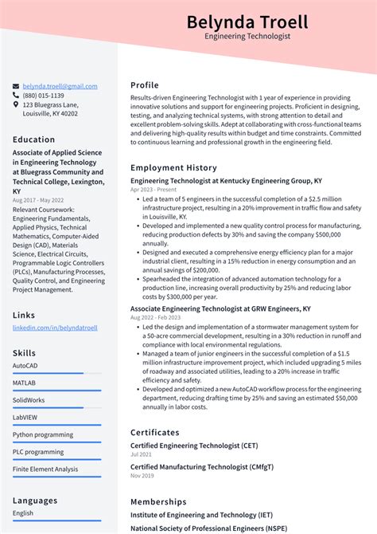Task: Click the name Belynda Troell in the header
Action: click(247, 22)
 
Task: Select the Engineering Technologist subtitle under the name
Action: click(247, 37)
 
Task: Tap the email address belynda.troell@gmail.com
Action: click(60, 86)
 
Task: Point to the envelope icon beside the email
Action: click(16, 86)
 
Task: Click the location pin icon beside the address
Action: click(16, 104)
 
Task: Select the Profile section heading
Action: click(145, 85)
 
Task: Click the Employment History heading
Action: click(173, 167)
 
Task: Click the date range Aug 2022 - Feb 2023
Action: click(156, 317)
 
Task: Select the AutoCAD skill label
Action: click(25, 366)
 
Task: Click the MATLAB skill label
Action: click(24, 383)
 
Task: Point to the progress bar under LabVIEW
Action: click(56, 425)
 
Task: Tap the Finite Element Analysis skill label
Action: click(45, 469)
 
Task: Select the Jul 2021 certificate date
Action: click(141, 454)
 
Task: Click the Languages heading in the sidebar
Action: click(35, 501)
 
